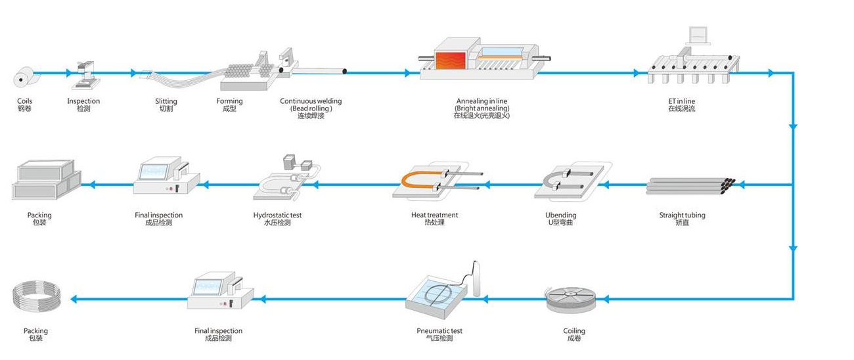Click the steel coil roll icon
pos(24,78)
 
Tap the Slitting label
pos(166,101)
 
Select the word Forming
pos(229,101)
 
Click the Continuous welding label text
pos(311,101)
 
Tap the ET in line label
pos(681,101)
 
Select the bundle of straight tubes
pos(690,186)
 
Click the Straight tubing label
pos(682,215)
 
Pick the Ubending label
pos(560,215)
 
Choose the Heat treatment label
pos(434,215)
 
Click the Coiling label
pos(574,331)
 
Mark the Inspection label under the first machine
pos(83,101)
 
